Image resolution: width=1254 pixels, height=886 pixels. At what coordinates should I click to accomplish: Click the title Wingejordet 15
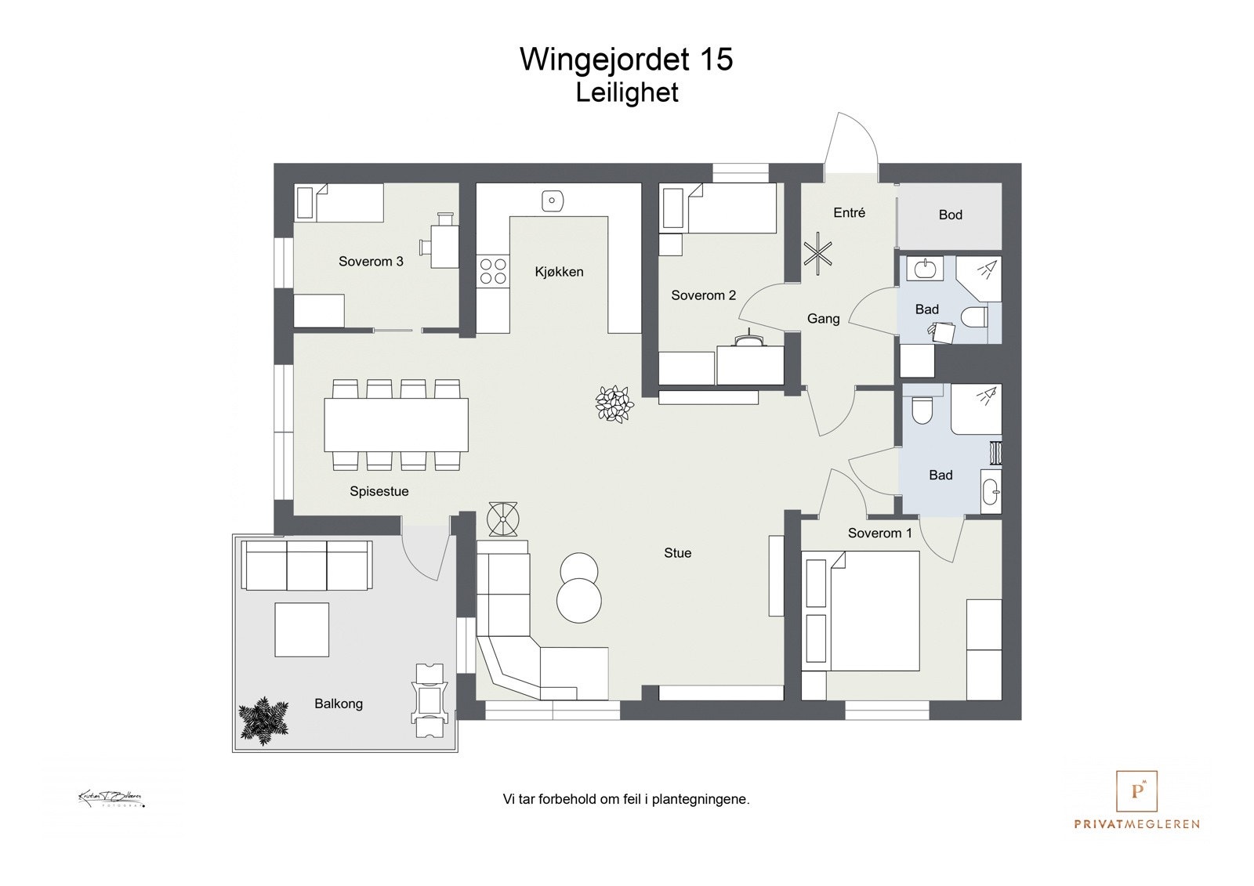(x=625, y=60)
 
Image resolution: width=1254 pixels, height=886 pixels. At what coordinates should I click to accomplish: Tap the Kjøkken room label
(x=559, y=272)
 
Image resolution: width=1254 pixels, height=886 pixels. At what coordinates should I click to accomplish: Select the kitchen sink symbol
(x=553, y=201)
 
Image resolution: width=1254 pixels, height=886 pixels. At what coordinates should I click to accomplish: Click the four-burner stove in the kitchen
(x=493, y=271)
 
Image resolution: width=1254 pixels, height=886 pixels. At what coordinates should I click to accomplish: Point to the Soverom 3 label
(x=371, y=261)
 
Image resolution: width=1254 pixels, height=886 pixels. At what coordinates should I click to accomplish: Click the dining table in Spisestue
(x=396, y=425)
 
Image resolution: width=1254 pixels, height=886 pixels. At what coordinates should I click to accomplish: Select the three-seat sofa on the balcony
(x=306, y=565)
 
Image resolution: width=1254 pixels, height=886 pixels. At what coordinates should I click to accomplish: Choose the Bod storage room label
(x=950, y=215)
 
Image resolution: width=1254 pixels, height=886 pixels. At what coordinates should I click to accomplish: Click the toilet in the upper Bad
(x=975, y=318)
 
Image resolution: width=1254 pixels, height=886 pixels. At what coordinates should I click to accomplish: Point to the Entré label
(x=849, y=212)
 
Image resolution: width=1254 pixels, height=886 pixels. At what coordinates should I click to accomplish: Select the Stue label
(x=677, y=553)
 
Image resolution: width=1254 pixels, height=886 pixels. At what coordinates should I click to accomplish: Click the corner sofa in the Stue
(x=525, y=642)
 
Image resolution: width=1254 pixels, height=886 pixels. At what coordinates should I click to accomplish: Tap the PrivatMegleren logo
(x=1136, y=800)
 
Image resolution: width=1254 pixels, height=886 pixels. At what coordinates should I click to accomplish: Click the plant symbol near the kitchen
(x=614, y=404)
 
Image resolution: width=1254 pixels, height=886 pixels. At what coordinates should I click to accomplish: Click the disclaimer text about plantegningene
(x=625, y=800)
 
